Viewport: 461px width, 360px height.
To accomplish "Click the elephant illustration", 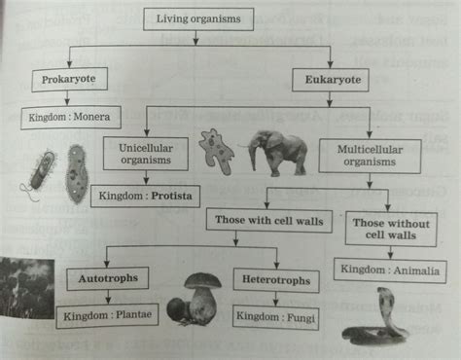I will coord(276,152).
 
